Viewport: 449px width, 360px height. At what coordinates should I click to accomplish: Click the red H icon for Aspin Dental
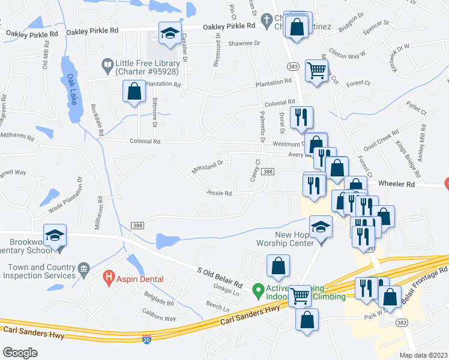(109, 277)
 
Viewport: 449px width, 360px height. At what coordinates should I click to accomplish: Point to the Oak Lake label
(72, 89)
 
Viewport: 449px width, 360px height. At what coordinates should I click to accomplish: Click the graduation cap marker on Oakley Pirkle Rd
(170, 32)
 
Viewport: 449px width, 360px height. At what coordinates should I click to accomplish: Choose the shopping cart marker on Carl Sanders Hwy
(300, 295)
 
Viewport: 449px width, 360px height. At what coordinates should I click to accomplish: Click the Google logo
(20, 353)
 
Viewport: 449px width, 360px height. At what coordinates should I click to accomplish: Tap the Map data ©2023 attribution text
(423, 355)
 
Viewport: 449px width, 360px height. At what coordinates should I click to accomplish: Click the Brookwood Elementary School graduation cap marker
(55, 235)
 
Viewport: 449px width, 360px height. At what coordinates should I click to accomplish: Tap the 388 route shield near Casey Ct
(268, 172)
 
